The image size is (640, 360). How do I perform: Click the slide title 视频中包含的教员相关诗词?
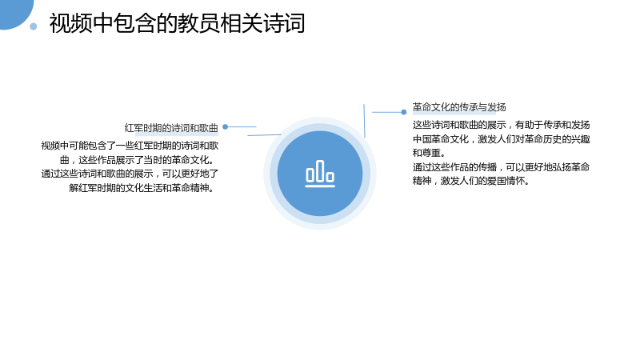177,23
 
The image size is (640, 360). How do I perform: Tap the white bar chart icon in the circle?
320,174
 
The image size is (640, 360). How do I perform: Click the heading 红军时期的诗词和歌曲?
171,128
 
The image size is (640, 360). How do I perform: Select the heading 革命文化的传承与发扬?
459,107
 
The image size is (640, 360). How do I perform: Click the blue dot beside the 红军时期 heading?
225,127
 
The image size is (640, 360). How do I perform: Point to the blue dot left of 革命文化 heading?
404,112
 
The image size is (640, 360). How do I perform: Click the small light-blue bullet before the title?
34,26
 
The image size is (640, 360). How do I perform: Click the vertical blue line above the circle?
364,121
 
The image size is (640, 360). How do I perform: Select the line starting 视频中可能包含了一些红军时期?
130,146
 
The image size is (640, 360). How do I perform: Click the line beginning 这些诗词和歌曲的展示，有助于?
502,125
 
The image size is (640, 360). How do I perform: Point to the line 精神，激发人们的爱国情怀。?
471,181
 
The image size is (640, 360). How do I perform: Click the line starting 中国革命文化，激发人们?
502,138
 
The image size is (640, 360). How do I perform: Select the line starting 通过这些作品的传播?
502,166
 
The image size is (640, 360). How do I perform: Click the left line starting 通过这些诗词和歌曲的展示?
130,174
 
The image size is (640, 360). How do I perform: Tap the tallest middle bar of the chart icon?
320,170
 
